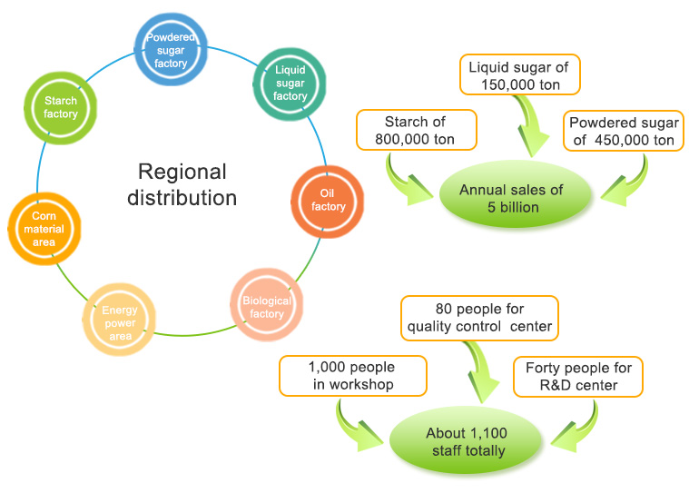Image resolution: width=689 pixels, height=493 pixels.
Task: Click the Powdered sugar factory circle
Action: click(x=172, y=52)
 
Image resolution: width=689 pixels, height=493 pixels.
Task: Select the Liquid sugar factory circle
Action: click(x=290, y=83)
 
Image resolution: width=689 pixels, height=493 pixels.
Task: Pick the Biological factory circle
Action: click(x=267, y=307)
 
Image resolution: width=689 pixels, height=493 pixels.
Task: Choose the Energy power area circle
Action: click(x=120, y=323)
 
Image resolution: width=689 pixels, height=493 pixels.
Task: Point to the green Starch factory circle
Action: click(x=61, y=107)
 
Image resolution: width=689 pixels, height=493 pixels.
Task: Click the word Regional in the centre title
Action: click(x=182, y=172)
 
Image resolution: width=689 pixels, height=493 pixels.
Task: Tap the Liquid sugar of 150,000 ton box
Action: click(x=521, y=76)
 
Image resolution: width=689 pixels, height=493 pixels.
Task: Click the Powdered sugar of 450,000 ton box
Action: click(x=622, y=132)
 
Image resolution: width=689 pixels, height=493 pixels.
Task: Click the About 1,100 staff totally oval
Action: click(x=467, y=441)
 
